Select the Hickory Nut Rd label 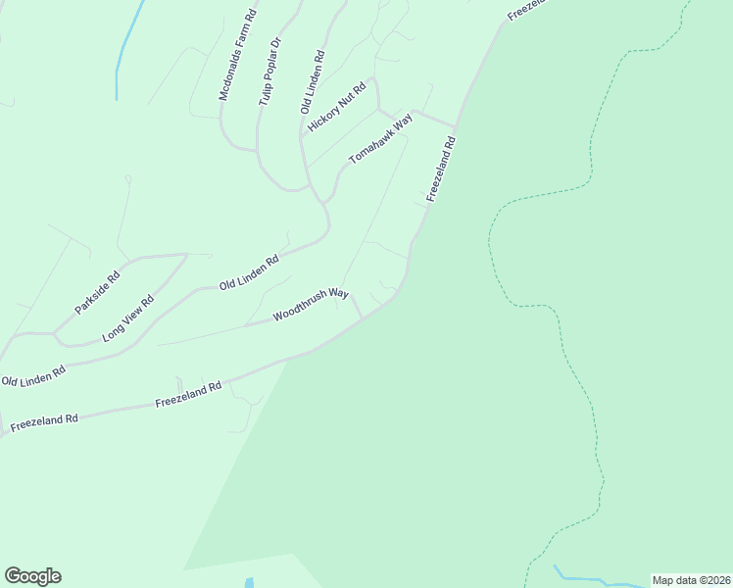pyautogui.click(x=336, y=109)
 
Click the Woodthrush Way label pyautogui.click(x=311, y=304)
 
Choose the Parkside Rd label pyautogui.click(x=97, y=292)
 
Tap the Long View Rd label pyautogui.click(x=128, y=319)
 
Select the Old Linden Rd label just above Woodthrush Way pyautogui.click(x=250, y=271)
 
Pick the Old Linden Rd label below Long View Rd pyautogui.click(x=33, y=374)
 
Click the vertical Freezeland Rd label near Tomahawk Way pyautogui.click(x=442, y=170)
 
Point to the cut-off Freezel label pyautogui.click(x=524, y=11)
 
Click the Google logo pyautogui.click(x=32, y=576)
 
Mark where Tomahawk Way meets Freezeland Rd pyautogui.click(x=456, y=127)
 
